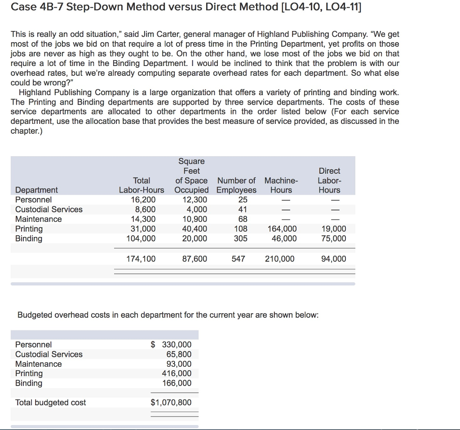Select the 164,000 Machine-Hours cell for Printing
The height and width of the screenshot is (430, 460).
(x=281, y=229)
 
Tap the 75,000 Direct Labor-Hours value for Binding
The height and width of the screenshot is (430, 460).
(x=334, y=238)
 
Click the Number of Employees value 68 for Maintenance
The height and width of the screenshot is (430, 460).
(x=243, y=219)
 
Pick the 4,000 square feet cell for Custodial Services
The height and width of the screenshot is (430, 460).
(x=197, y=209)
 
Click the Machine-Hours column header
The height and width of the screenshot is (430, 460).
(x=281, y=185)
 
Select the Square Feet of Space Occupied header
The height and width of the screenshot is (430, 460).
(x=191, y=176)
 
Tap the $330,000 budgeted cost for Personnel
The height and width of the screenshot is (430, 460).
(x=171, y=345)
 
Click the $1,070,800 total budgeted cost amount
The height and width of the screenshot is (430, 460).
(x=171, y=402)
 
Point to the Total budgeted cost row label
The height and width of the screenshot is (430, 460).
(x=50, y=403)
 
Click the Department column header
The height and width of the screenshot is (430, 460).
(x=36, y=190)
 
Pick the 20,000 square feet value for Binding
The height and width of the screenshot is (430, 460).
(x=195, y=238)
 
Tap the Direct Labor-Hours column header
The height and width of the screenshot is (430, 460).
(x=329, y=180)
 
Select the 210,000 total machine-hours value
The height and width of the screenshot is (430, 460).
(x=279, y=259)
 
